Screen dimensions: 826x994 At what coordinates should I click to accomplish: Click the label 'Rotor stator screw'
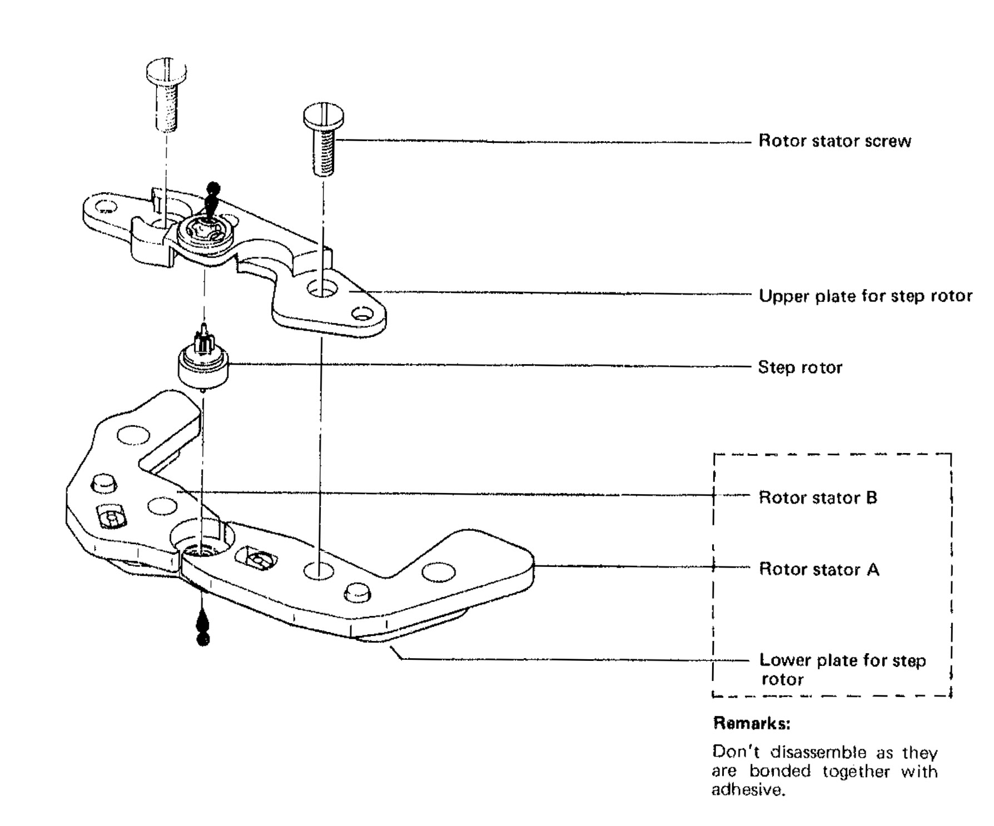[x=834, y=141]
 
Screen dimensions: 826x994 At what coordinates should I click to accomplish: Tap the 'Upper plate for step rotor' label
[x=865, y=296]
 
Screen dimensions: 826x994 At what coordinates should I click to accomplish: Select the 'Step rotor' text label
[x=800, y=367]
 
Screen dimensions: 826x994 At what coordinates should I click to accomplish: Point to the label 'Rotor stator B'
[x=818, y=497]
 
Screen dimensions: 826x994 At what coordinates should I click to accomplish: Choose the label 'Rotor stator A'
[x=819, y=570]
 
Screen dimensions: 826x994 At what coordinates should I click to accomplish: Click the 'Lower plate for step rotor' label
[x=842, y=669]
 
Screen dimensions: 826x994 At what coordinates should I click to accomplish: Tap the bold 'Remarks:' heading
[x=752, y=724]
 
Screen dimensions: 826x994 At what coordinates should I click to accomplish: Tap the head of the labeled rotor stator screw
[x=323, y=116]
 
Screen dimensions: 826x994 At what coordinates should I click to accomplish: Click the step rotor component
[x=203, y=366]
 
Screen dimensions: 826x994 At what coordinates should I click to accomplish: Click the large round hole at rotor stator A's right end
[x=439, y=571]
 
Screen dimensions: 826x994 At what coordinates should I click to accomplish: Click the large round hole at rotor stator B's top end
[x=134, y=434]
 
